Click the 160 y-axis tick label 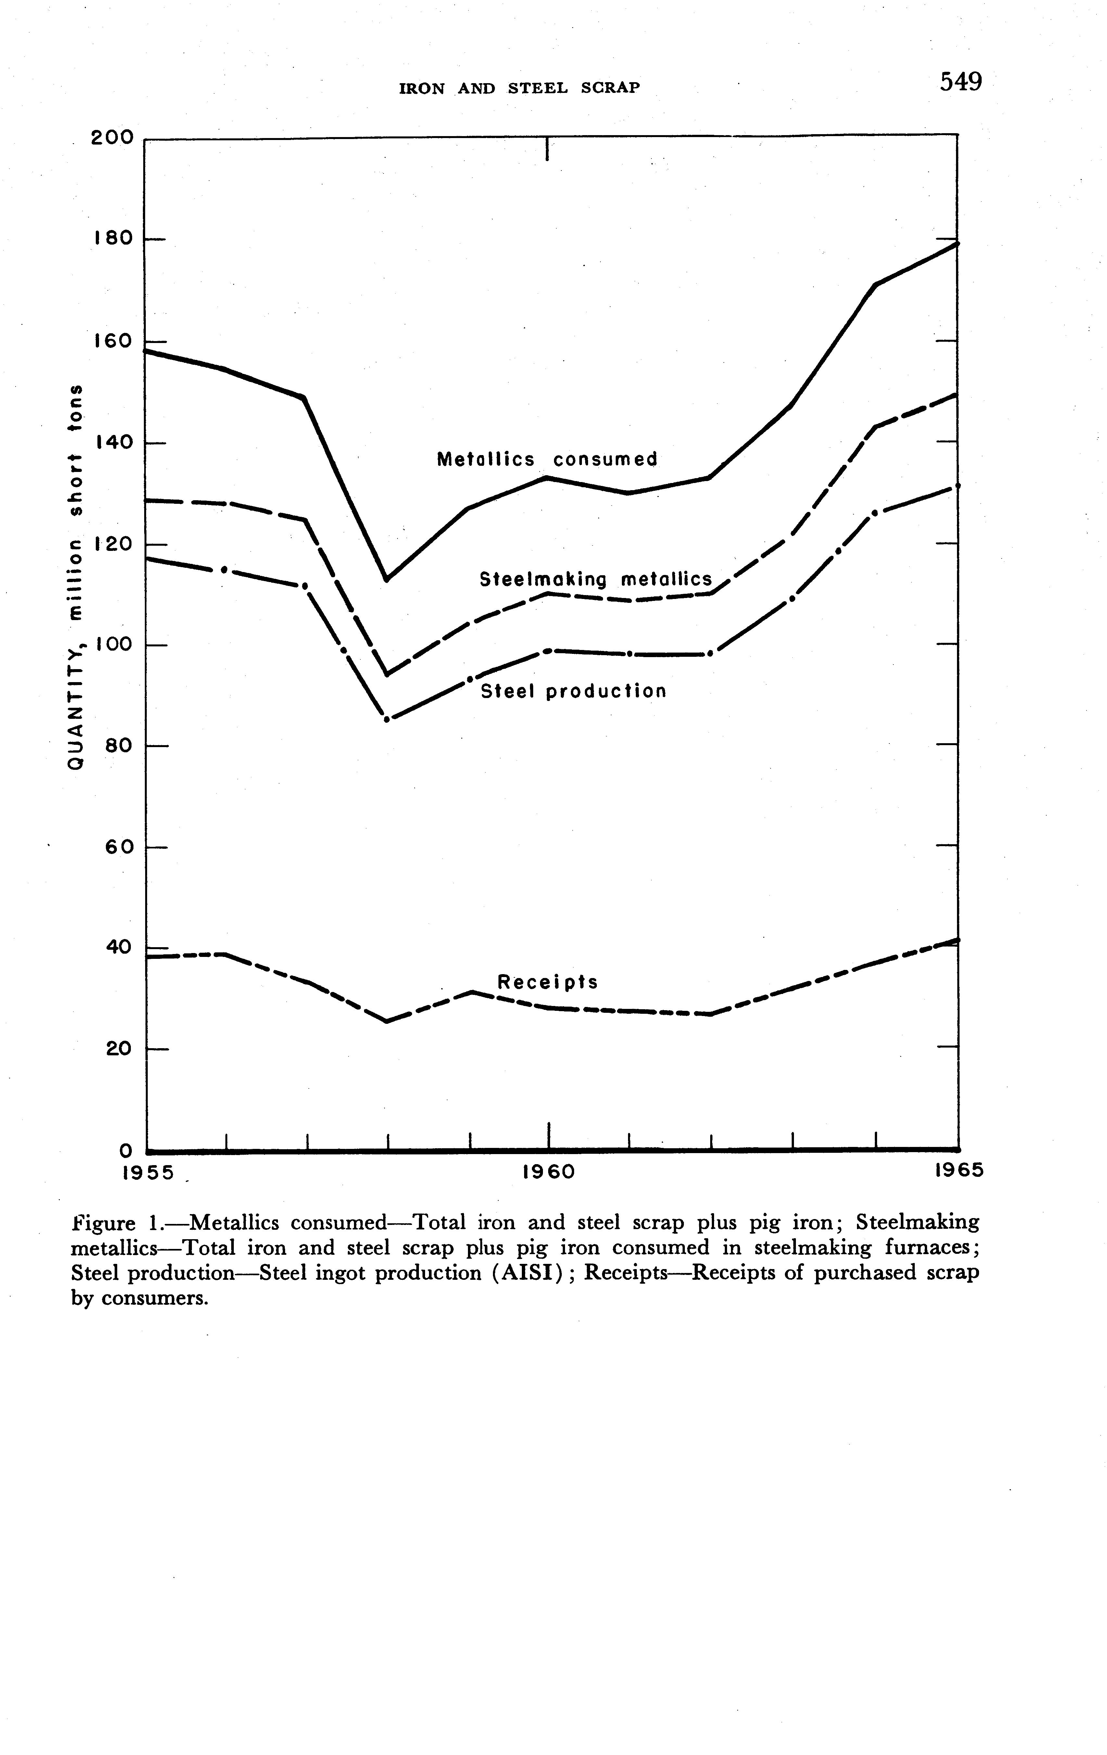(113, 341)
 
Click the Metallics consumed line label (547, 459)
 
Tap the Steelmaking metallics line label (596, 579)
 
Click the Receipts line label (547, 983)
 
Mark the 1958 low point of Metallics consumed (386, 579)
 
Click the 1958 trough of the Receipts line (386, 1021)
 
